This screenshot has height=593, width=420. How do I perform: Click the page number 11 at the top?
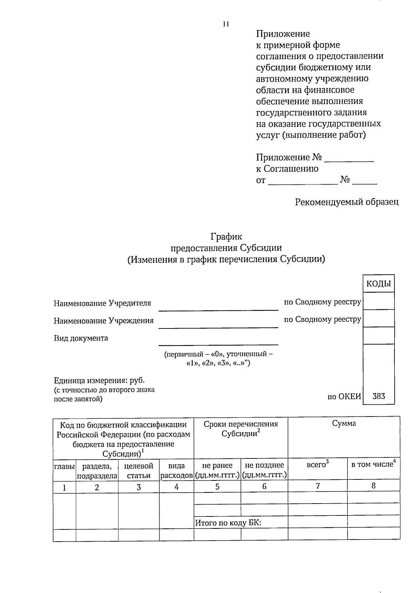click(225, 24)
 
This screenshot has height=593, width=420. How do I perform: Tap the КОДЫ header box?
click(379, 284)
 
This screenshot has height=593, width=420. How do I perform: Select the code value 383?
click(379, 396)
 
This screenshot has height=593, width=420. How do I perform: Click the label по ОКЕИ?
click(344, 396)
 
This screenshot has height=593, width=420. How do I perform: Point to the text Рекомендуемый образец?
click(346, 202)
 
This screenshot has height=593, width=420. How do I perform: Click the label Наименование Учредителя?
click(103, 303)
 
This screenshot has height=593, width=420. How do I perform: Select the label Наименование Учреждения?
click(104, 320)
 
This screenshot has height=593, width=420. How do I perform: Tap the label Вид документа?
click(81, 338)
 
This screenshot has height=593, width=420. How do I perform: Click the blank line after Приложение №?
click(349, 159)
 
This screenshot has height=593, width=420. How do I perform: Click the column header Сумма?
click(344, 424)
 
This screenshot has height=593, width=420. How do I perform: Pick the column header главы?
click(64, 466)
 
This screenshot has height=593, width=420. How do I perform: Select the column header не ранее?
click(217, 465)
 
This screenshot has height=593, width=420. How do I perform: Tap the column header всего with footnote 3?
click(317, 465)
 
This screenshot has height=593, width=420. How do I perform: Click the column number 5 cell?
click(217, 486)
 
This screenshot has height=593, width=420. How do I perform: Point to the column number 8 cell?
click(373, 485)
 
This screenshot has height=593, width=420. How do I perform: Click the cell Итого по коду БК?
click(228, 523)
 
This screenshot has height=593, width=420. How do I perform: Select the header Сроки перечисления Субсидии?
click(241, 429)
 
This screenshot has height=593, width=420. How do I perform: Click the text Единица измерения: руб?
click(99, 380)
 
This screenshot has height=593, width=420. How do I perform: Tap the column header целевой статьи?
click(139, 470)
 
